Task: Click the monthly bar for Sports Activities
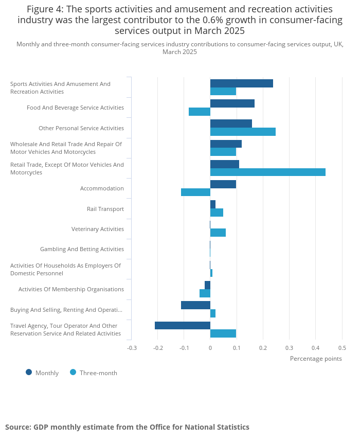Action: click(x=241, y=83)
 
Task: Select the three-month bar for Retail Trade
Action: click(x=267, y=172)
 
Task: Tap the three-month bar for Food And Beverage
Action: click(x=200, y=112)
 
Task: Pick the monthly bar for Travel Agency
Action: click(x=183, y=325)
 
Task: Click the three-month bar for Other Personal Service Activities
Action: click(x=243, y=132)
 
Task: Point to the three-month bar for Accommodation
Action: click(x=195, y=192)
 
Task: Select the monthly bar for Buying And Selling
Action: click(x=195, y=305)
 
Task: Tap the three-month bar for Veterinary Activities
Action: click(x=218, y=233)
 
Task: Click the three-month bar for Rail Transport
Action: click(x=217, y=213)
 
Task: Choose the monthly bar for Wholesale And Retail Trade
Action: click(x=226, y=144)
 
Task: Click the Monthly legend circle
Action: click(x=29, y=372)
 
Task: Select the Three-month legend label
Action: click(x=98, y=373)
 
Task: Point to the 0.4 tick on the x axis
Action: click(x=316, y=348)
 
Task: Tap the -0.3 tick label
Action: click(x=132, y=348)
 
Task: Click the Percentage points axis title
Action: click(x=316, y=359)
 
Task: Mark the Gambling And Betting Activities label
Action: click(x=82, y=249)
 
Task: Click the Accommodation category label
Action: click(x=102, y=188)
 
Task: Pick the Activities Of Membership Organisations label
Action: click(x=71, y=289)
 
